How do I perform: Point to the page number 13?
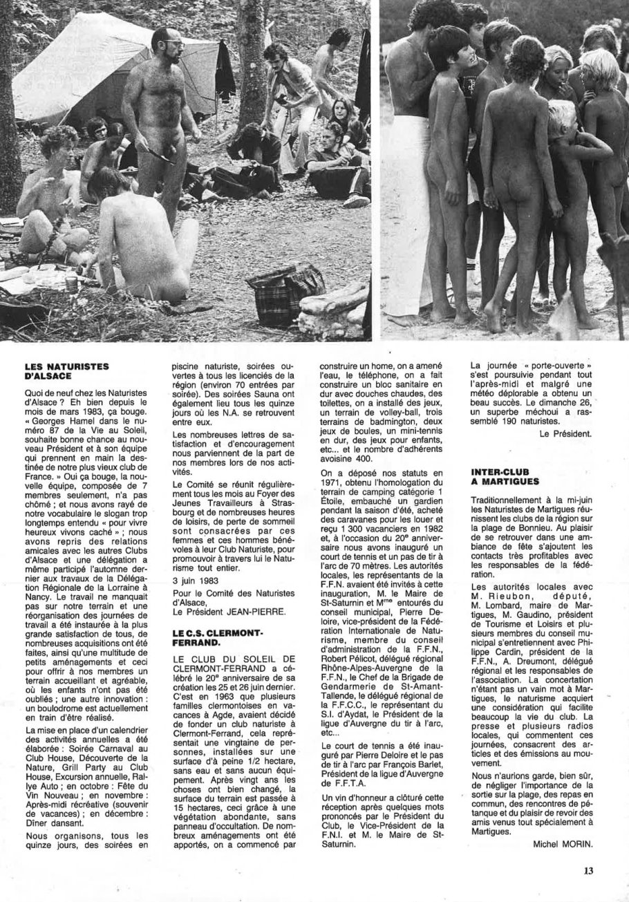pyautogui.click(x=588, y=871)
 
